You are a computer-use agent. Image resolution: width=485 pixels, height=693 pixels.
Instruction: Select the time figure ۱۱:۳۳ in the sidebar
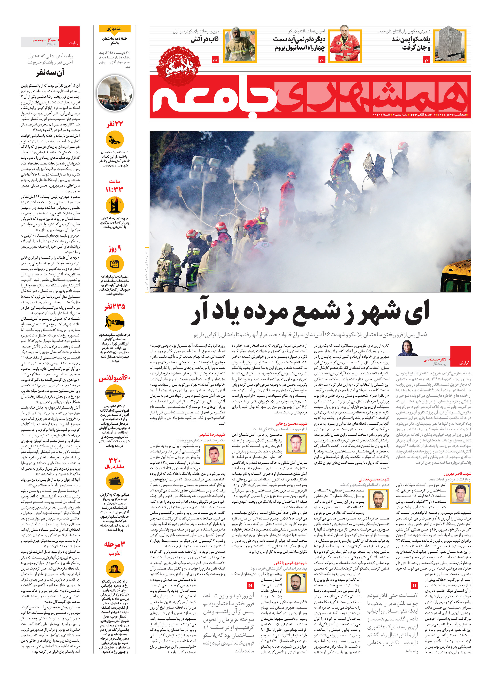(x=114, y=189)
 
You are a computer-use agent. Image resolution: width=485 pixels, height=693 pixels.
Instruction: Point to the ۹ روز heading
(x=115, y=249)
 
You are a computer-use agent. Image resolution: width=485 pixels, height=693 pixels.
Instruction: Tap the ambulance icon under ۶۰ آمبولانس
(x=115, y=393)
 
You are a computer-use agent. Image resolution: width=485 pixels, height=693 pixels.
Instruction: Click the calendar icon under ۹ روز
(x=115, y=263)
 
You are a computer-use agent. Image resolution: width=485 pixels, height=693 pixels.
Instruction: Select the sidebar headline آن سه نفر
(x=50, y=73)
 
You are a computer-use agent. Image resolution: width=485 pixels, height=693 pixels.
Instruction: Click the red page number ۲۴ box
(x=215, y=61)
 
